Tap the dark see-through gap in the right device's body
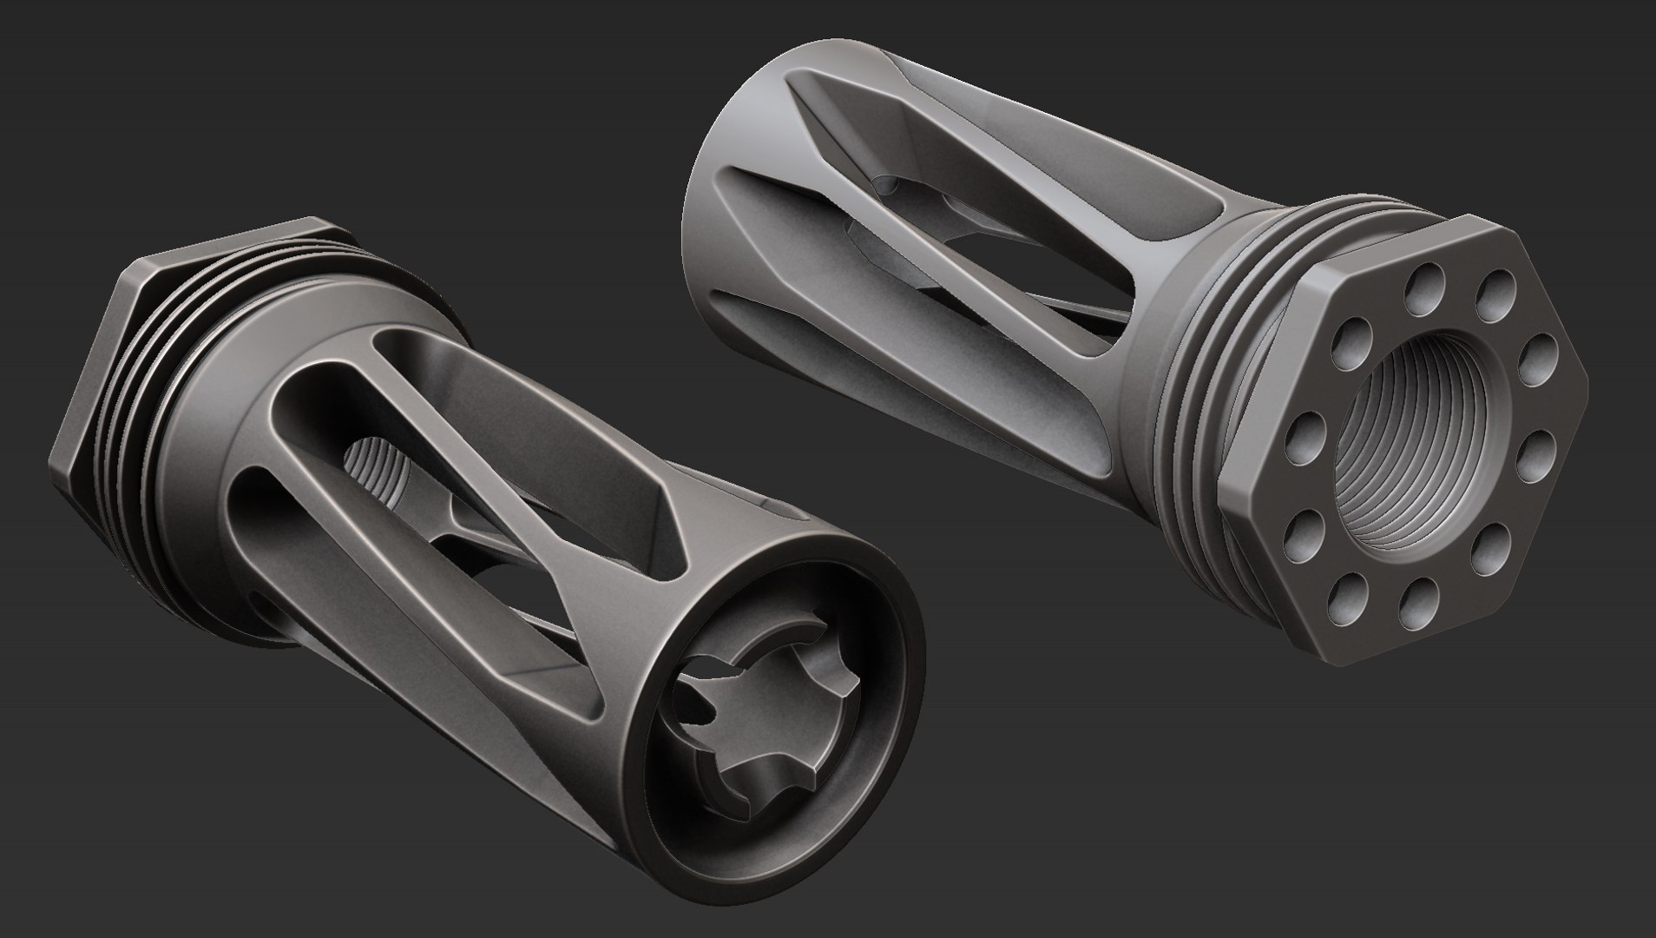pyautogui.click(x=1024, y=287)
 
